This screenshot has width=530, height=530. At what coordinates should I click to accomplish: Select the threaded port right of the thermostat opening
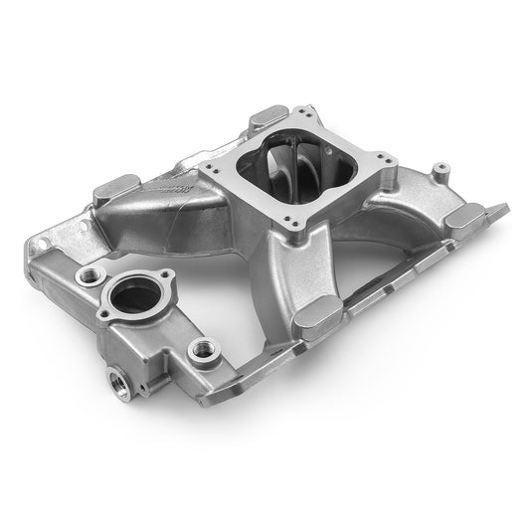[204, 347]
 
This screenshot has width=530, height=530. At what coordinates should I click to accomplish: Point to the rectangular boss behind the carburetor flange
[269, 117]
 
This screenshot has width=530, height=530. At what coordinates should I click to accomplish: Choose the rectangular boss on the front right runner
[320, 314]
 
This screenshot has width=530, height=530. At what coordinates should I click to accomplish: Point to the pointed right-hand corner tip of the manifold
[506, 208]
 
